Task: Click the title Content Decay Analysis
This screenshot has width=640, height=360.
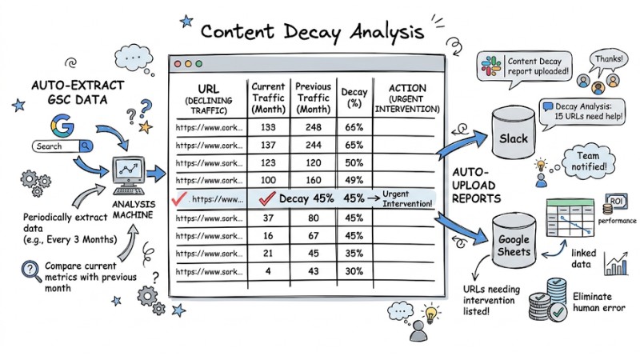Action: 313,32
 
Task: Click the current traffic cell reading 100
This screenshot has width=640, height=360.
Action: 268,179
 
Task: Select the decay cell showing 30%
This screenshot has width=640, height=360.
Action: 352,271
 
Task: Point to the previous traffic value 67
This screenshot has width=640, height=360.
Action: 313,236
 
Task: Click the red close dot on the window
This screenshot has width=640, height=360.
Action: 178,63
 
